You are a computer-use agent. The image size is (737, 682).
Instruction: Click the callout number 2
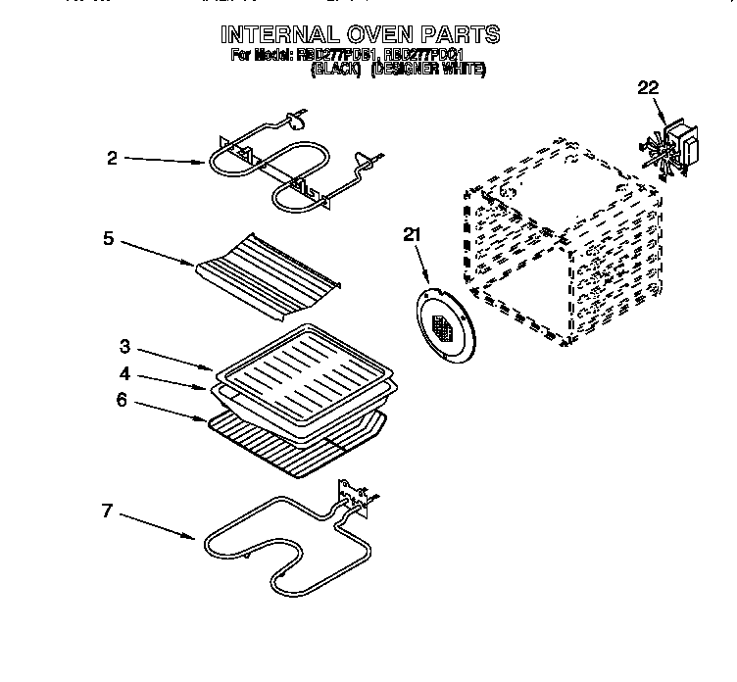[113, 159]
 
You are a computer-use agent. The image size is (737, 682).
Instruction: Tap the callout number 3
[125, 347]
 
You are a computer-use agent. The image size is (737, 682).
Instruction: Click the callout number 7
[107, 510]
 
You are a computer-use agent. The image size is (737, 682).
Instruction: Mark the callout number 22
[648, 88]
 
